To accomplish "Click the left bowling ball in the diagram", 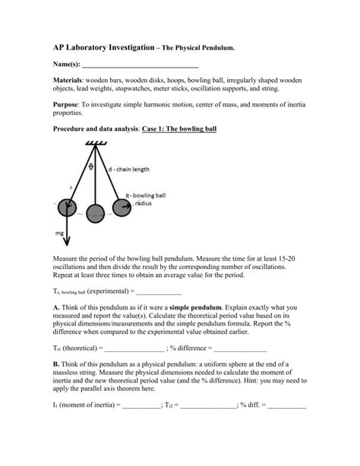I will tap(65, 207).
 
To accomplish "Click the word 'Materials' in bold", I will tap(68, 80).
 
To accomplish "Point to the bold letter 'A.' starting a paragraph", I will tap(56, 307).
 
